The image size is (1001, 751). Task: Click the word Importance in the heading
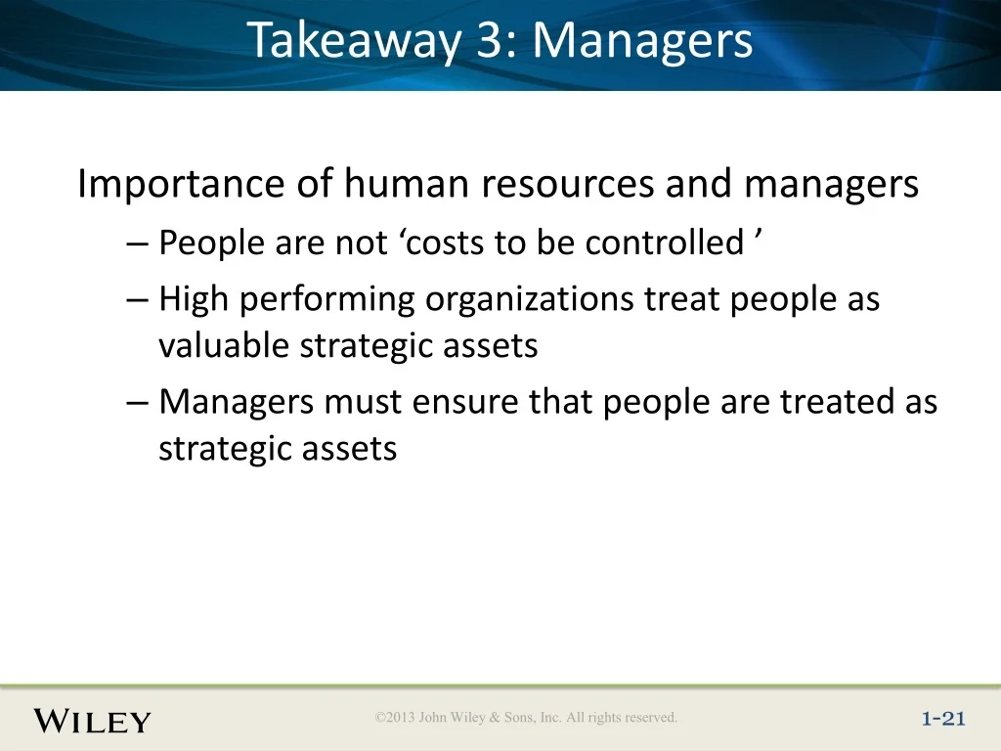(x=181, y=185)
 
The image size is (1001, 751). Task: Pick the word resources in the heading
(x=568, y=185)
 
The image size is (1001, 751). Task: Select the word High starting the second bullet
(x=194, y=299)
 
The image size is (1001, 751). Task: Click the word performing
(x=327, y=299)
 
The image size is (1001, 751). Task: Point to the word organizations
(x=529, y=299)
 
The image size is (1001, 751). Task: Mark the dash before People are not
(x=137, y=243)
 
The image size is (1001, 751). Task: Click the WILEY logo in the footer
(x=93, y=721)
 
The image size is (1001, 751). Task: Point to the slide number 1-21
(x=943, y=719)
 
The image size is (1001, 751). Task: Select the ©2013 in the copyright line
(x=395, y=717)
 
